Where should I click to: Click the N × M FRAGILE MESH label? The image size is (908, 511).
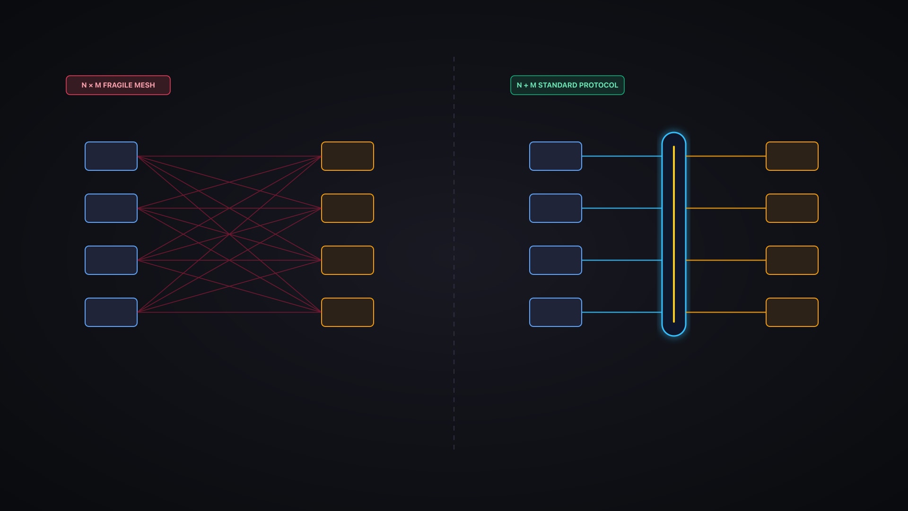(118, 85)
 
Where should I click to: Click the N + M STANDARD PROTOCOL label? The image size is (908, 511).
(567, 85)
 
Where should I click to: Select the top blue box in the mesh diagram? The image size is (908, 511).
(111, 156)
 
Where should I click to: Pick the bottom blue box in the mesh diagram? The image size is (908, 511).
(111, 312)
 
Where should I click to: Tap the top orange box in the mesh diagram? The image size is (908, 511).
(348, 156)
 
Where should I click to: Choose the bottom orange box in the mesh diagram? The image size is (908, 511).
(348, 312)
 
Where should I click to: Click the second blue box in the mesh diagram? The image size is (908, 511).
(111, 208)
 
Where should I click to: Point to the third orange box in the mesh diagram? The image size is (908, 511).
(348, 260)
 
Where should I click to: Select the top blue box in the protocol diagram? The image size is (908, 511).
(556, 156)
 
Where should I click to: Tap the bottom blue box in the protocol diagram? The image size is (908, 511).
(556, 312)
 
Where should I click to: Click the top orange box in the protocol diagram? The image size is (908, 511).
(792, 156)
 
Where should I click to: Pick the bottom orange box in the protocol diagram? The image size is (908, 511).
(792, 312)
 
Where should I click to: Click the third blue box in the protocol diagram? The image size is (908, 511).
(556, 260)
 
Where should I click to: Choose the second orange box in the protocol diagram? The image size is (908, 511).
(792, 208)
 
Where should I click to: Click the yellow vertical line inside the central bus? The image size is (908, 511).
(674, 234)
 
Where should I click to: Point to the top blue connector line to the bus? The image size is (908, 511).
(622, 156)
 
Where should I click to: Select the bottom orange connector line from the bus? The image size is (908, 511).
(726, 312)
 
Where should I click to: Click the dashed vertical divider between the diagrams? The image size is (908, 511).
(454, 253)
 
